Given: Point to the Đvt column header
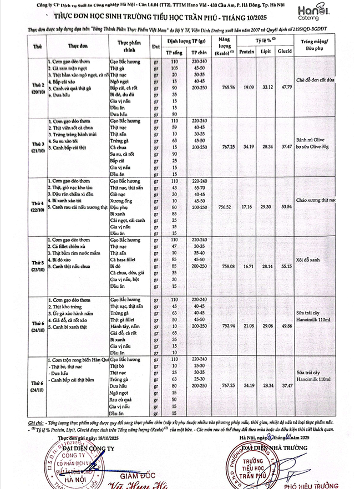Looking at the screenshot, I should coord(156,47).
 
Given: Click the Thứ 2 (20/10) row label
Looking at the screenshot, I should coord(38,88).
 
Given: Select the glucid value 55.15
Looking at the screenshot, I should coord(286,267).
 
